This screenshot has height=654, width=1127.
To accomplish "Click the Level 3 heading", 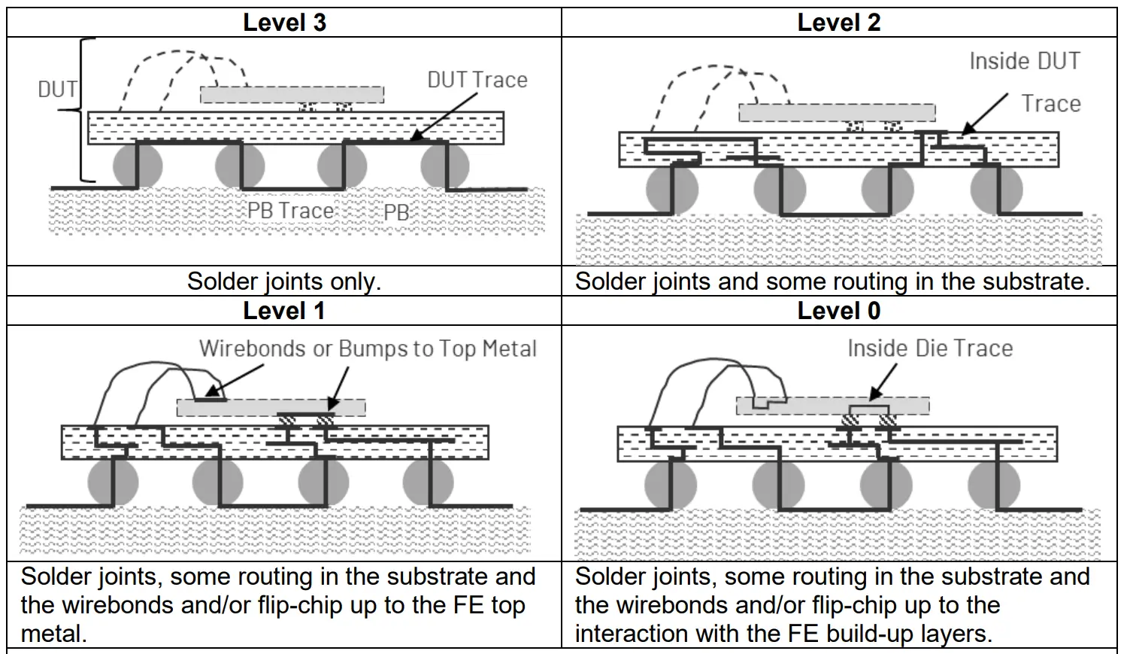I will (284, 23).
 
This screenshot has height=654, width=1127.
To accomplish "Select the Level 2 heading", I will (838, 23).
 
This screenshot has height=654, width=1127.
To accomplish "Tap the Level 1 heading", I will (284, 311).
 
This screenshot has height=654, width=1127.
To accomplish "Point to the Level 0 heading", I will (838, 311).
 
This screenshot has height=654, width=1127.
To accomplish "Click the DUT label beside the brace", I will (57, 90).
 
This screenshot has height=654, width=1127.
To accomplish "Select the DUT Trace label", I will (477, 81).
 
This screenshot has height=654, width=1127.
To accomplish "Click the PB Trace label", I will (290, 211).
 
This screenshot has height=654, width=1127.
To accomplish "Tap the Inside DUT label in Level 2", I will (1024, 61).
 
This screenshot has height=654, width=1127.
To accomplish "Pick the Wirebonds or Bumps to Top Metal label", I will (368, 349).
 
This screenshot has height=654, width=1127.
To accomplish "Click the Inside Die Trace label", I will (929, 348).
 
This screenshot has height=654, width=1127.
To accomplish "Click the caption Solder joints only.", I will (284, 281).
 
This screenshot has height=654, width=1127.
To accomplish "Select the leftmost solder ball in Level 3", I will (138, 166).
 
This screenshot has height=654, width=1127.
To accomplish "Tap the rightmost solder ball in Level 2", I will (997, 190).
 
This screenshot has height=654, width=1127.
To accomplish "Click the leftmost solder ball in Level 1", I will (113, 482).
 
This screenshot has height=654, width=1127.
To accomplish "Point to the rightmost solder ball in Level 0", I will (994, 484).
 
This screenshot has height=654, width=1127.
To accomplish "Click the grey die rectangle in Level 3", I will (292, 95).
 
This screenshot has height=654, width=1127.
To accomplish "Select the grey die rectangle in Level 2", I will (837, 113).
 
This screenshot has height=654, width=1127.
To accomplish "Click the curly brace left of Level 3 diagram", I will (85, 110).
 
